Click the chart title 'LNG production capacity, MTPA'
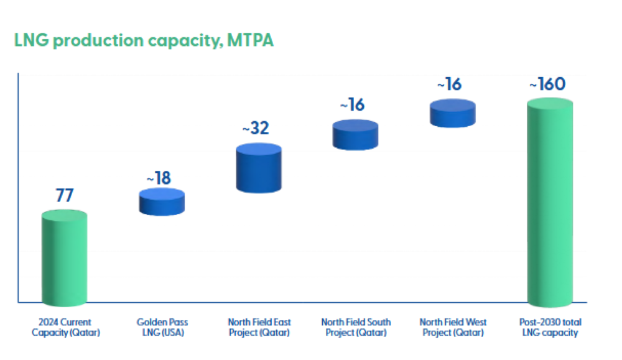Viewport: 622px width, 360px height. click(144, 41)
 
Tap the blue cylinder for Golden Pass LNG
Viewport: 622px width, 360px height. click(162, 202)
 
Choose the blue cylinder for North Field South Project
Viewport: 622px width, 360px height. click(355, 135)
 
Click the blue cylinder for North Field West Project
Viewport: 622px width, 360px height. click(453, 114)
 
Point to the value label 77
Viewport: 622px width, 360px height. click(65, 195)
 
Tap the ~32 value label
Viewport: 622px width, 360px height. click(256, 129)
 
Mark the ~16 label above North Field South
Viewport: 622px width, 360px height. click(352, 104)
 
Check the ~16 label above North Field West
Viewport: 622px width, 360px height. click(449, 84)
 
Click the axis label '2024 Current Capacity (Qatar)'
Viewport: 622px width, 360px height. click(65, 328)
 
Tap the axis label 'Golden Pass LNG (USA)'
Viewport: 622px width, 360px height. click(162, 328)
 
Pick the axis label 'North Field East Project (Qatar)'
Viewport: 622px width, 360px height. click(259, 328)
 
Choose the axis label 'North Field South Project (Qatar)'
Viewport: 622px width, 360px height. click(356, 328)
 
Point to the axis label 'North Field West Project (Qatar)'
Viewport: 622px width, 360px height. click(453, 328)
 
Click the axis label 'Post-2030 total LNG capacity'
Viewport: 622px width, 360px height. click(549, 328)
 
